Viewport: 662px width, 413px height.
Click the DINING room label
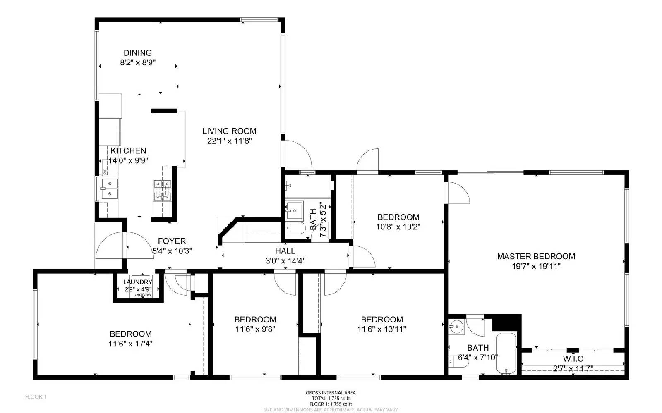pos(138,53)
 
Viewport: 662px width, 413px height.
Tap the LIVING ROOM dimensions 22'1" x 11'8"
pos(229,141)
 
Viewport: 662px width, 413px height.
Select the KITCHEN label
pos(128,151)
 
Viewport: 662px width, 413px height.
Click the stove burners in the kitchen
pos(162,190)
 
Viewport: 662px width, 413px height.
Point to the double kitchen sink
pos(109,188)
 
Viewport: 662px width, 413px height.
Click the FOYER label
pos(172,241)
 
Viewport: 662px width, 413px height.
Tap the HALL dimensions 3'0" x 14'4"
pos(285,261)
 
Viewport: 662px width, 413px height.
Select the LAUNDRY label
pos(138,282)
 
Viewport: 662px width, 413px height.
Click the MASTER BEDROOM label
pos(536,256)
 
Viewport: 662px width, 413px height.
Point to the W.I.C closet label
pos(573,359)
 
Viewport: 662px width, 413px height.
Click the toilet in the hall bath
pos(295,228)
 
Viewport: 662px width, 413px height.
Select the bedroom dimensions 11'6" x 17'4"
pos(131,344)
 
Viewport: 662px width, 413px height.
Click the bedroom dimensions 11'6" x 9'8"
pos(255,329)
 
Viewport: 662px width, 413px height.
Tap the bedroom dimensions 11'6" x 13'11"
pos(381,329)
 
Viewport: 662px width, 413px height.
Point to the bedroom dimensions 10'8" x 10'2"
pos(398,227)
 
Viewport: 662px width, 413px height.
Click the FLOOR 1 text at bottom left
pos(36,397)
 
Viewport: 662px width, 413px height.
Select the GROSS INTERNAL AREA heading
pos(330,393)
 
